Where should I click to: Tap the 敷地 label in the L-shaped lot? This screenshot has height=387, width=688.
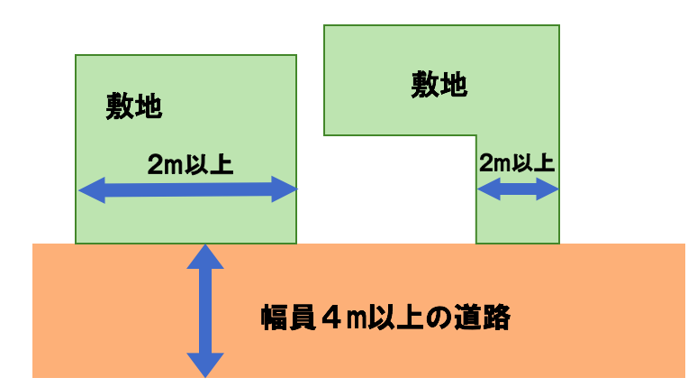tap(439, 85)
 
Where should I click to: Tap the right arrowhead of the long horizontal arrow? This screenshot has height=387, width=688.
tap(286, 189)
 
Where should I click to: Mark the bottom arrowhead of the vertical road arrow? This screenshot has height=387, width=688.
tap(206, 364)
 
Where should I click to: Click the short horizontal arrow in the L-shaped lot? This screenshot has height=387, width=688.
tap(518, 189)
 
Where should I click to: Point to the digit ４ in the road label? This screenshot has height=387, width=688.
tap(330, 318)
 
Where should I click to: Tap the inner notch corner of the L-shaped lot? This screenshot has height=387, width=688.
tap(475, 135)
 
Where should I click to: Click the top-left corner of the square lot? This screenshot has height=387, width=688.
tap(76, 56)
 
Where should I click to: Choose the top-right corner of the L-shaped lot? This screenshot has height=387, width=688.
tap(559, 25)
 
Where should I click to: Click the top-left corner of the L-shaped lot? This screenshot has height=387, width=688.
tap(324, 25)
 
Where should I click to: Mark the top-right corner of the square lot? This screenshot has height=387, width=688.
tap(296, 56)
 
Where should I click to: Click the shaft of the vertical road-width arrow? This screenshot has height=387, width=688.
tap(206, 311)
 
